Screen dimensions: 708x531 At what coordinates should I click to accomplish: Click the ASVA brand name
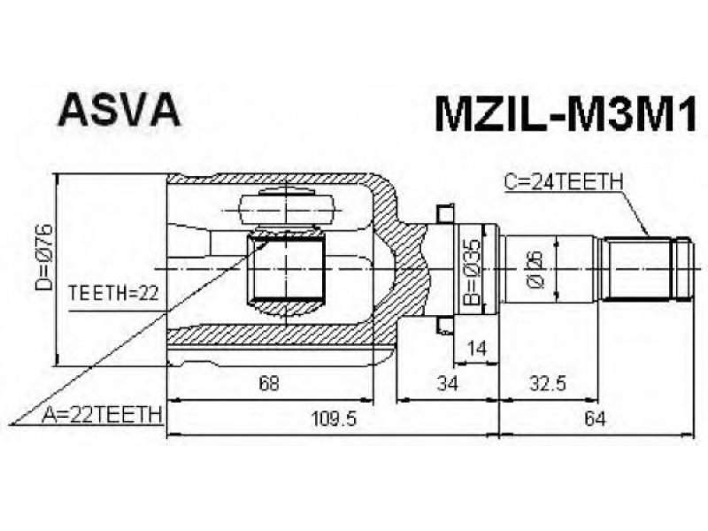[119, 110]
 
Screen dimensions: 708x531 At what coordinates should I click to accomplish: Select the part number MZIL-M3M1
[566, 115]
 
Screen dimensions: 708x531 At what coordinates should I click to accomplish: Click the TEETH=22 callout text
[113, 294]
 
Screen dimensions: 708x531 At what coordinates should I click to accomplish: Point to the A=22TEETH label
[102, 415]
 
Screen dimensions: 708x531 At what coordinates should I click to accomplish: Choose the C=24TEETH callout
[564, 182]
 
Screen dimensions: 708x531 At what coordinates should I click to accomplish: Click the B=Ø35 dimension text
[473, 273]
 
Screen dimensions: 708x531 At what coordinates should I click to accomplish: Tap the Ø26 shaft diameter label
[535, 270]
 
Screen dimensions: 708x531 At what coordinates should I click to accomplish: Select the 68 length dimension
[269, 383]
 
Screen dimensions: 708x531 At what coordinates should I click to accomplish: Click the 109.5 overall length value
[334, 419]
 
